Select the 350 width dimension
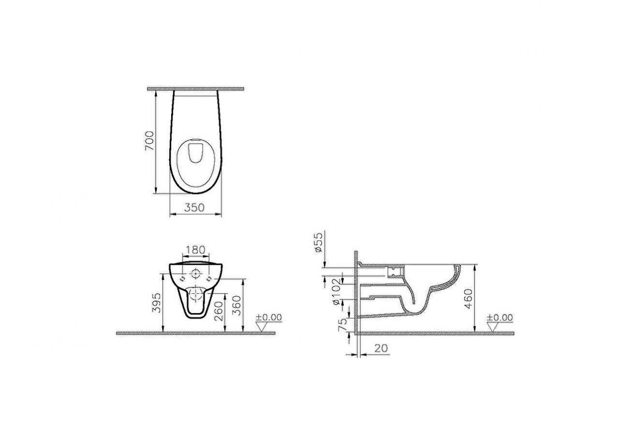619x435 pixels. pyautogui.click(x=195, y=208)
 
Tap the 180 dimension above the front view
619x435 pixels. pyautogui.click(x=196, y=250)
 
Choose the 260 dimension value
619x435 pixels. pyautogui.click(x=219, y=312)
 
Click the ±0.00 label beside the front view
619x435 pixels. pyautogui.click(x=268, y=318)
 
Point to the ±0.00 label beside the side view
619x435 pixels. pyautogui.click(x=500, y=318)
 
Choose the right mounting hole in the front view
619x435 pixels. pyautogui.click(x=209, y=279)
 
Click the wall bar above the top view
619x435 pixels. pyautogui.click(x=195, y=89)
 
